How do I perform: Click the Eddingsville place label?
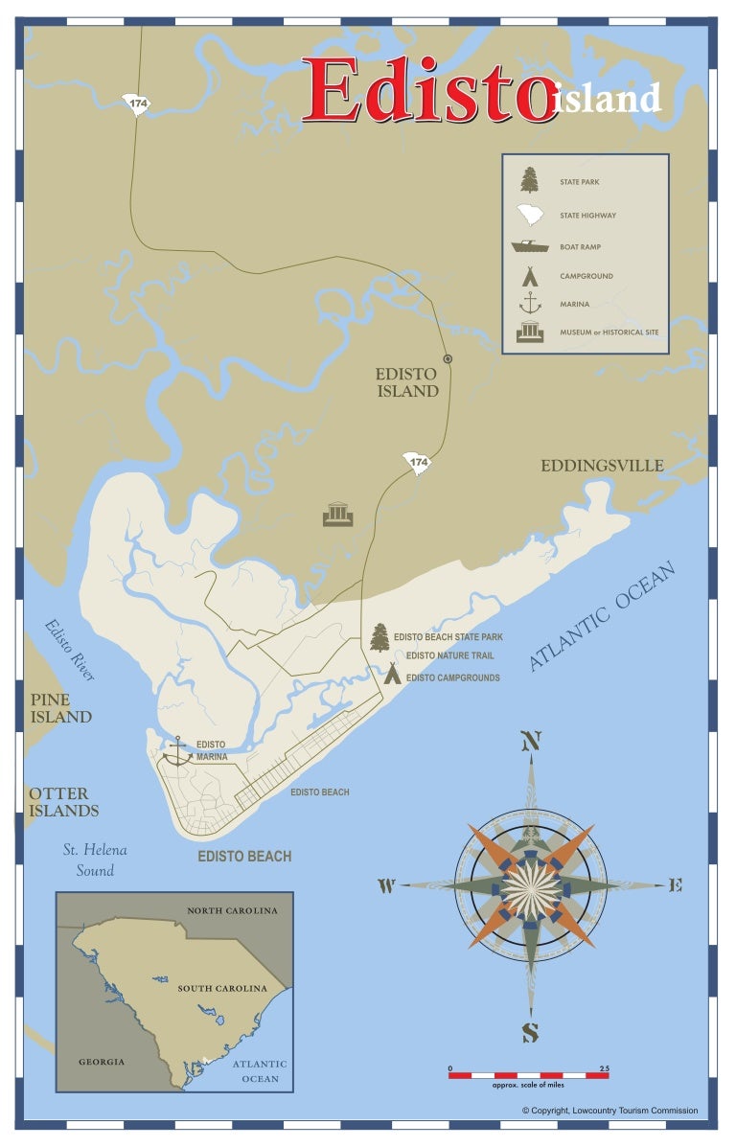[602, 466]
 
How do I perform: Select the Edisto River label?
[70, 650]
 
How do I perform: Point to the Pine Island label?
[60, 708]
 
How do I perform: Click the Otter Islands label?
[63, 802]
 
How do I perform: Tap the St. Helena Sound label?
[95, 860]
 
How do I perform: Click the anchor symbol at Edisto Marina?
[177, 750]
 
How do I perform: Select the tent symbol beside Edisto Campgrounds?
[392, 673]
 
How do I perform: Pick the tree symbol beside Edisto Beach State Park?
[380, 637]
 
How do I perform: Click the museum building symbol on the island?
[338, 515]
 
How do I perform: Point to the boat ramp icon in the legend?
[529, 246]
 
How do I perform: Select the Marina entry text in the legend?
[575, 305]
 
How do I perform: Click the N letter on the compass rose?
[530, 742]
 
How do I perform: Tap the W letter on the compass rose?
[386, 886]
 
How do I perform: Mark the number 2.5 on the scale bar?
[603, 1067]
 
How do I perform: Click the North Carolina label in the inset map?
[232, 910]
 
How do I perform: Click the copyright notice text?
[609, 1111]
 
